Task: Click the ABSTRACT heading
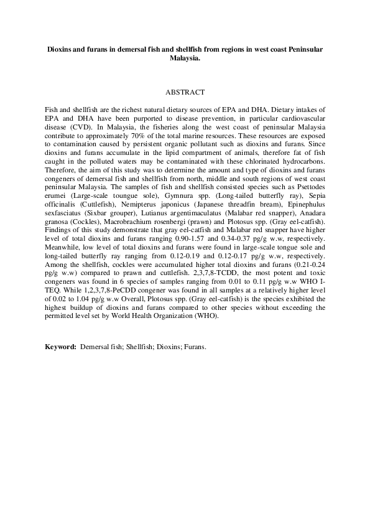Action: pyautogui.click(x=185, y=92)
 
